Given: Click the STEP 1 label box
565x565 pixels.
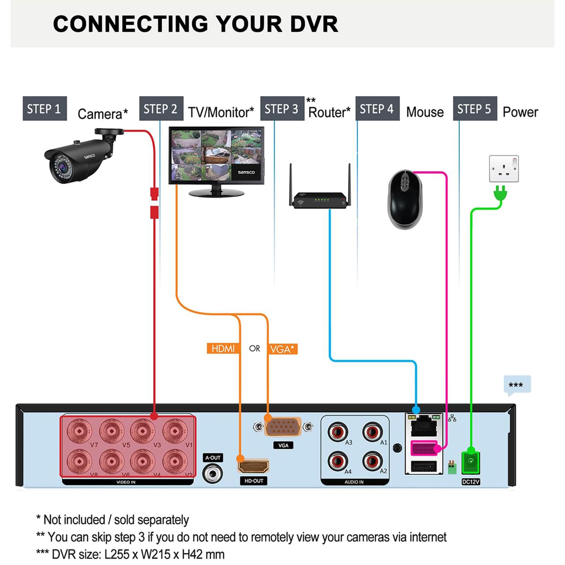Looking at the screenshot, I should [44, 108].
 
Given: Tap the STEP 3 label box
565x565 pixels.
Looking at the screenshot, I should [282, 108].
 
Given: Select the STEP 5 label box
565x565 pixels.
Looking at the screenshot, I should [475, 108].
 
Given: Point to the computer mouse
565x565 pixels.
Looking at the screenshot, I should [405, 200].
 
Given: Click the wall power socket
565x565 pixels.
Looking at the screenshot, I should [504, 168].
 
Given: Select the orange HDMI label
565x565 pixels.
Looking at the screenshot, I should [223, 349].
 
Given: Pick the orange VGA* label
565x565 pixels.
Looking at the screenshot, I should [282, 349].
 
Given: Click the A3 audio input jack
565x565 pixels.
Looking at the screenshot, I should [338, 432].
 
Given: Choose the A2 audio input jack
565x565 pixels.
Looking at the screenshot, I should [373, 461].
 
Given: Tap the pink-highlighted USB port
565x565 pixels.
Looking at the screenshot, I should [424, 448].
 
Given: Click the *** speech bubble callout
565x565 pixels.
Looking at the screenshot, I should [517, 385].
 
